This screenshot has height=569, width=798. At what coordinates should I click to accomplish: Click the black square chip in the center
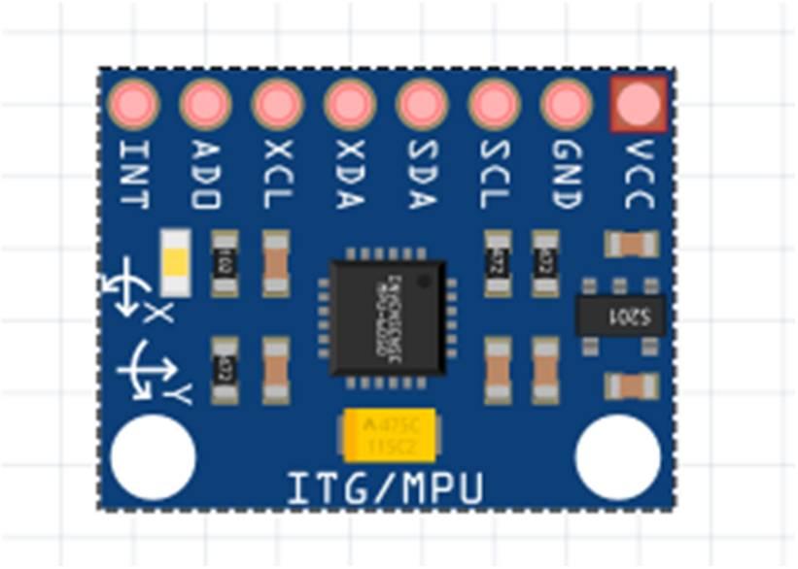coord(387,317)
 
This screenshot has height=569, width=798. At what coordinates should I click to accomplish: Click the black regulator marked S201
coord(620,315)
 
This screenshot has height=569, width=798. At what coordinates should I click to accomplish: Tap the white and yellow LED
coord(175,262)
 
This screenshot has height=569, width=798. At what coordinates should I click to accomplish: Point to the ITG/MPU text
coord(385,488)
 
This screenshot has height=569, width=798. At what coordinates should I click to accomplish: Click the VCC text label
coord(639,175)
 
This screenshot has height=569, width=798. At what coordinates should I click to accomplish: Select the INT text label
coord(133,175)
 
